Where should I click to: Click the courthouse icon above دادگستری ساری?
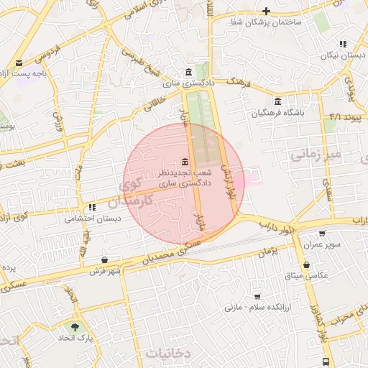click(188, 73)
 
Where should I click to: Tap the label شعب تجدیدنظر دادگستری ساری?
click(185, 178)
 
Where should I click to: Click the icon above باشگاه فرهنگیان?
click(278, 101)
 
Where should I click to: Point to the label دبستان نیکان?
click(341, 55)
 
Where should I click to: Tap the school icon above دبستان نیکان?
click(343, 44)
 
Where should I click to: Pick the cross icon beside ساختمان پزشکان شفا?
click(266, 11)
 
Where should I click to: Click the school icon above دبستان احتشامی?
click(92, 207)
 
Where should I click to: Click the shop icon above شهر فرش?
click(106, 259)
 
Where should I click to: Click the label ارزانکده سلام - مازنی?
click(254, 308)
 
